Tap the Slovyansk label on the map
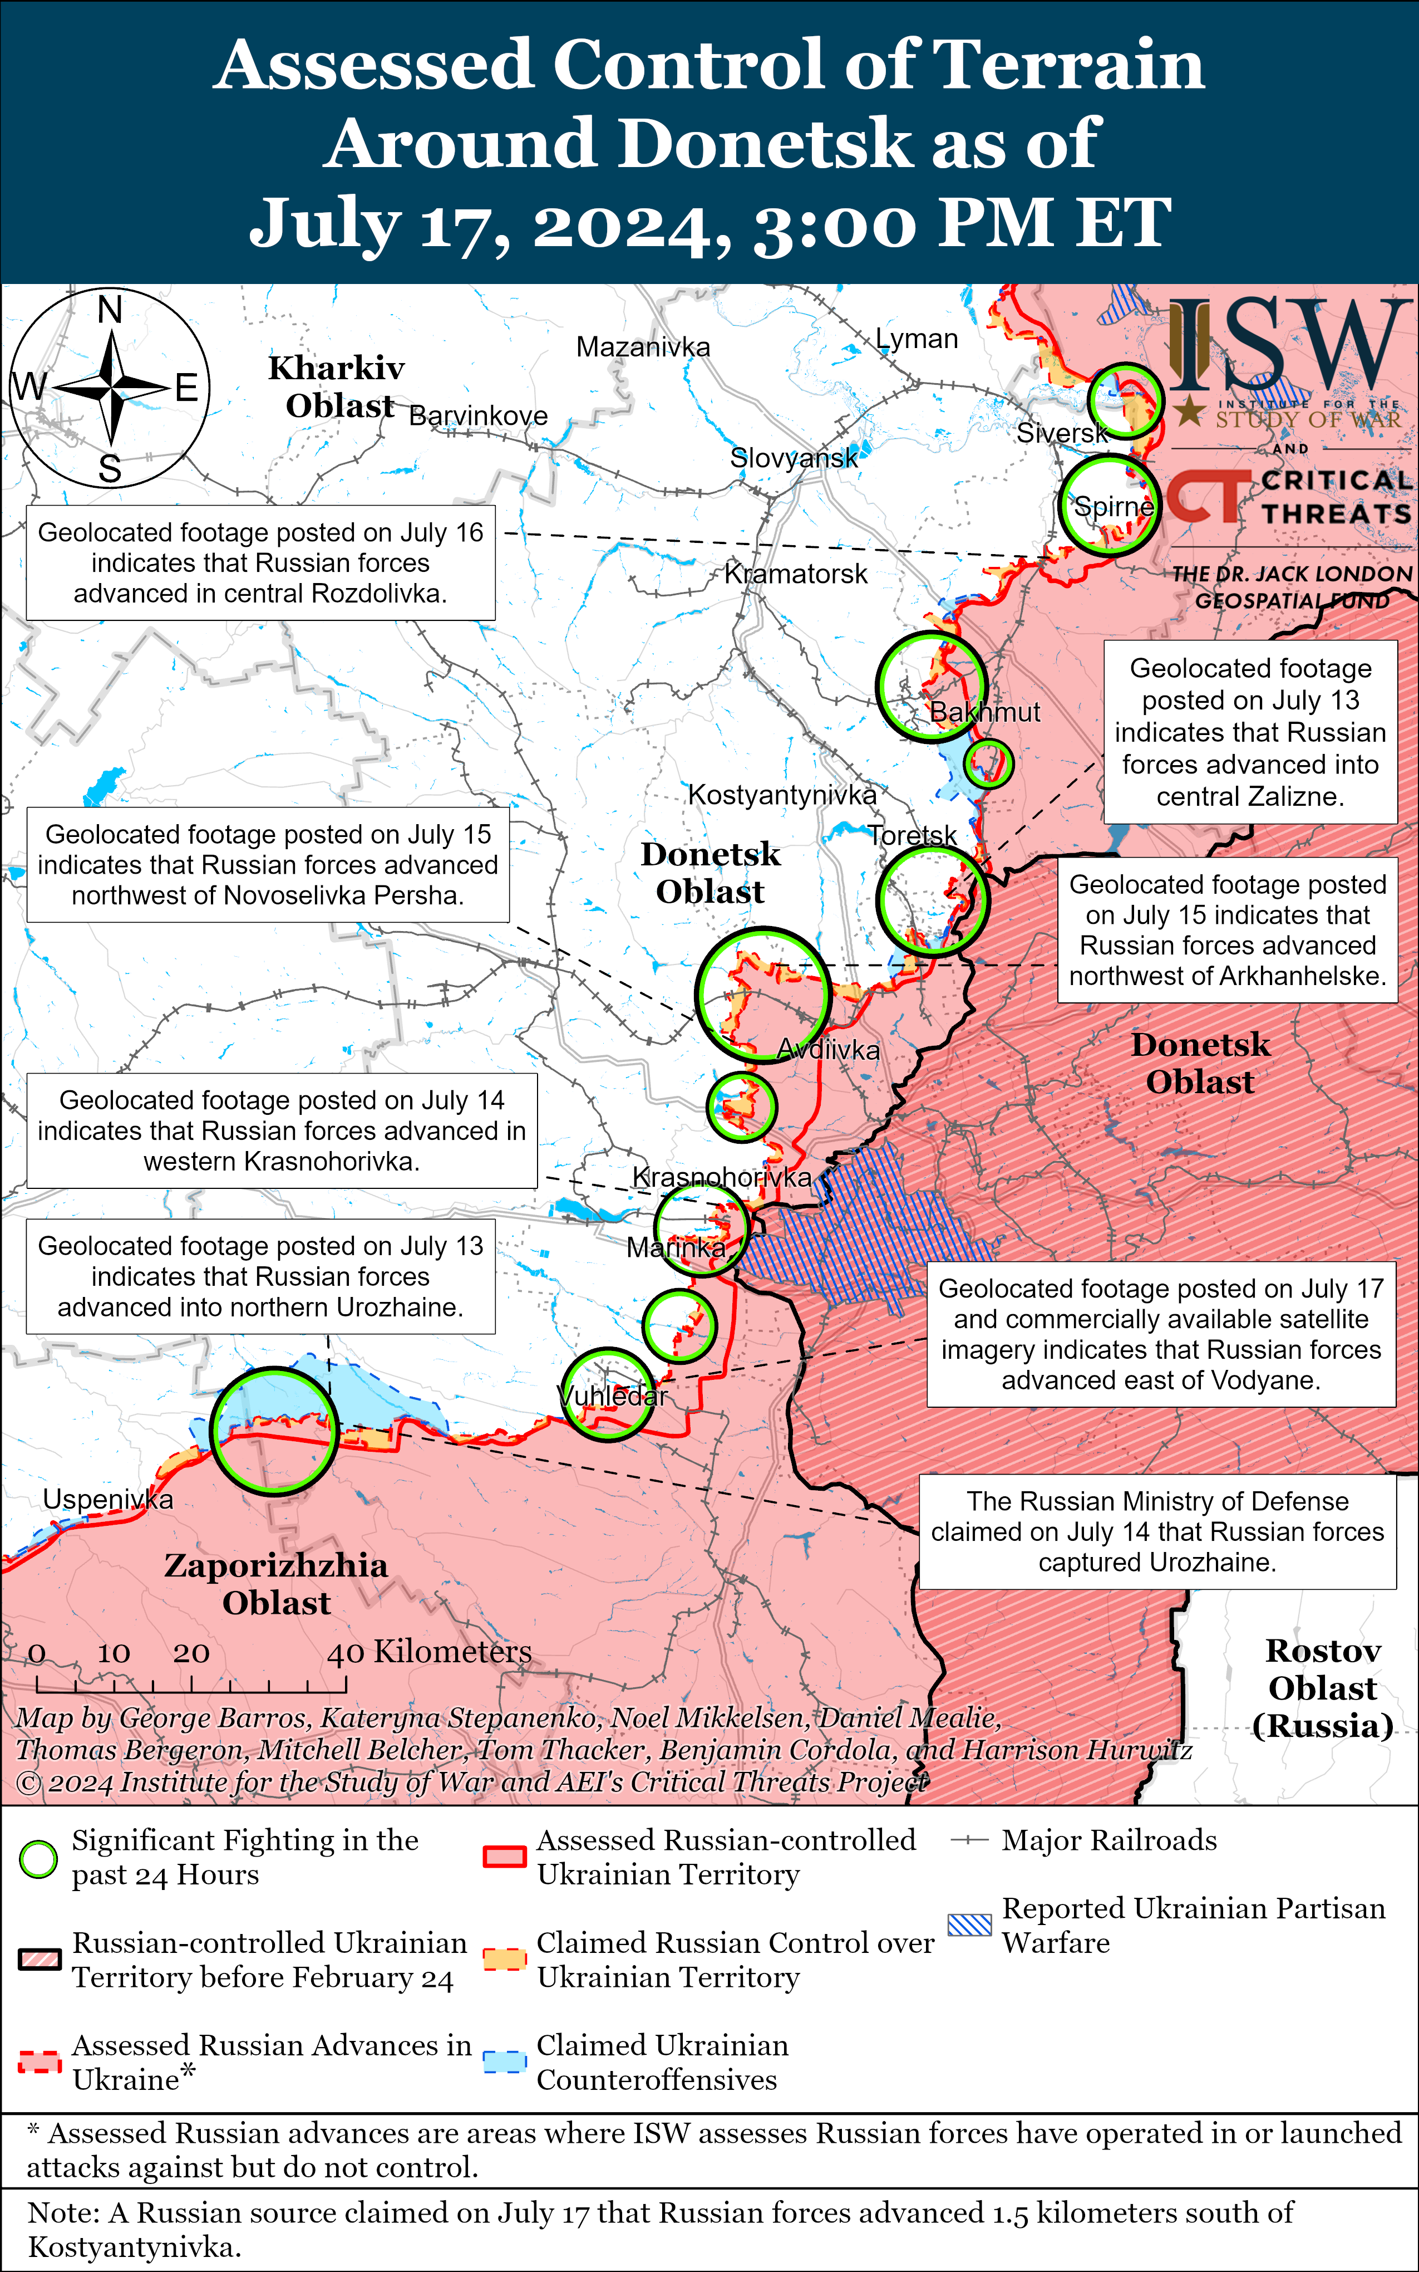(794, 458)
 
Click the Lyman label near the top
(917, 339)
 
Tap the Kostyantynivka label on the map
(782, 795)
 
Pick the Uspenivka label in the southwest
(108, 1499)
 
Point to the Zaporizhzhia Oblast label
(276, 1583)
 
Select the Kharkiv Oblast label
(337, 386)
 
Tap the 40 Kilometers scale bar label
(429, 1652)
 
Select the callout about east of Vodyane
(1161, 1334)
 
